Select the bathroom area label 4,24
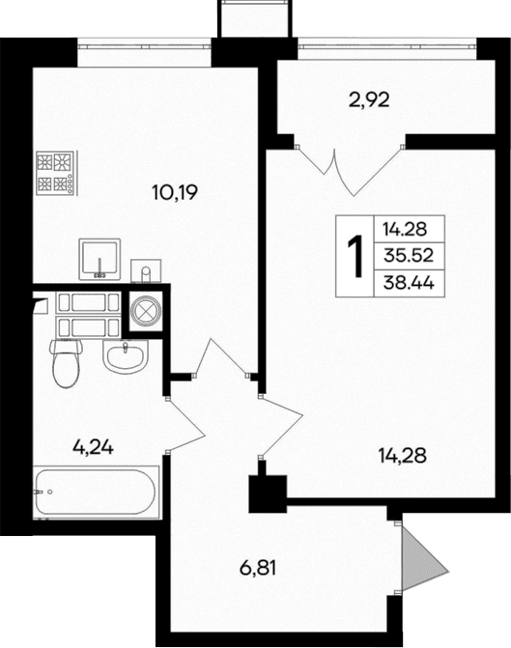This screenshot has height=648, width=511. click(x=95, y=446)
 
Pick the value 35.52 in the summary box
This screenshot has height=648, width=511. click(x=412, y=256)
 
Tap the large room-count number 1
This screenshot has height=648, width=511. click(x=355, y=255)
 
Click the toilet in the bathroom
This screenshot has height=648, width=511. click(x=67, y=362)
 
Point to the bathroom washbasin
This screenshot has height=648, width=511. click(x=126, y=357)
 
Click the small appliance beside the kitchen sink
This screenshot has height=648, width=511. click(x=143, y=268)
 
